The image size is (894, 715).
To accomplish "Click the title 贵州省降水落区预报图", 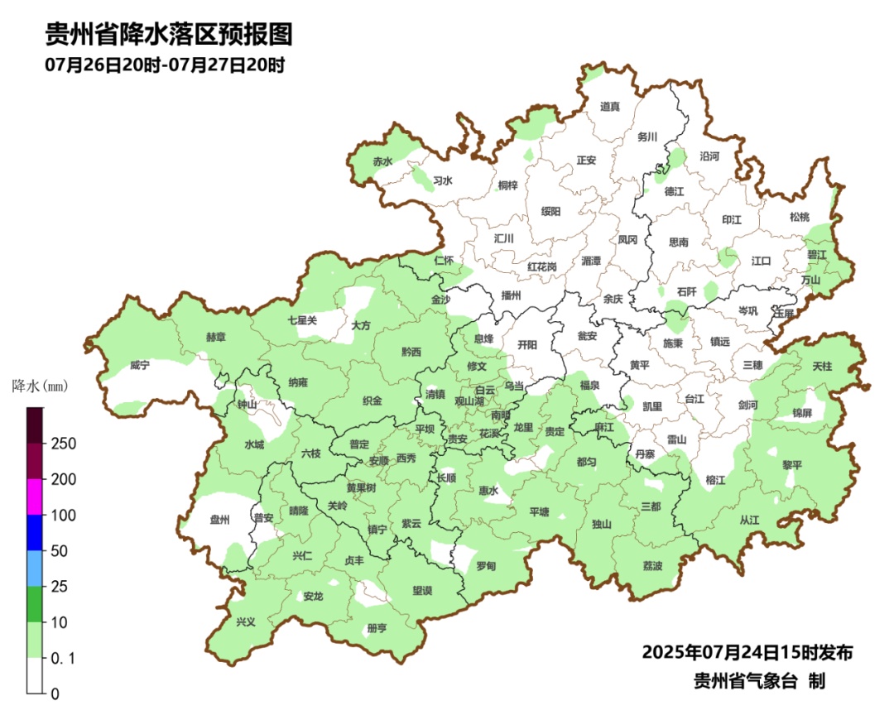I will pyautogui.click(x=169, y=35).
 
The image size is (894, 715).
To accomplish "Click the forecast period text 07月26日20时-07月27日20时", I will pyautogui.click(x=165, y=65).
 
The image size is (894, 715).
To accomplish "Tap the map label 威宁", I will pyautogui.click(x=140, y=365).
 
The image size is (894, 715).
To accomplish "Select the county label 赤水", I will pyautogui.click(x=382, y=161).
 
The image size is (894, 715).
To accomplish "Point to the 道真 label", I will pyautogui.click(x=610, y=106).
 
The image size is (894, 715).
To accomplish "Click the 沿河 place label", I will pyautogui.click(x=709, y=156).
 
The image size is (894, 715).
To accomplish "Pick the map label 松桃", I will pyautogui.click(x=799, y=217).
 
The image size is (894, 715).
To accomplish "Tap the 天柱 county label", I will pyautogui.click(x=822, y=365).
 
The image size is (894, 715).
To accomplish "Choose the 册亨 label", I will pyautogui.click(x=377, y=629).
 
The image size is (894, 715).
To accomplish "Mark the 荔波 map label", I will pyautogui.click(x=653, y=566).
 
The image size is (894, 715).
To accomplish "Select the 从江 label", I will pyautogui.click(x=749, y=521).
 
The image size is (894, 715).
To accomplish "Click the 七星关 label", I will pyautogui.click(x=302, y=320).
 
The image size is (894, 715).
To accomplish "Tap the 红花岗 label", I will pyautogui.click(x=542, y=266).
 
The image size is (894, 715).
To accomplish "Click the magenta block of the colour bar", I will pyautogui.click(x=35, y=497).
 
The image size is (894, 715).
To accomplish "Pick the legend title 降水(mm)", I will pyautogui.click(x=40, y=386).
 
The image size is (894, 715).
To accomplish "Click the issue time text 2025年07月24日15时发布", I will pyautogui.click(x=747, y=652).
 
